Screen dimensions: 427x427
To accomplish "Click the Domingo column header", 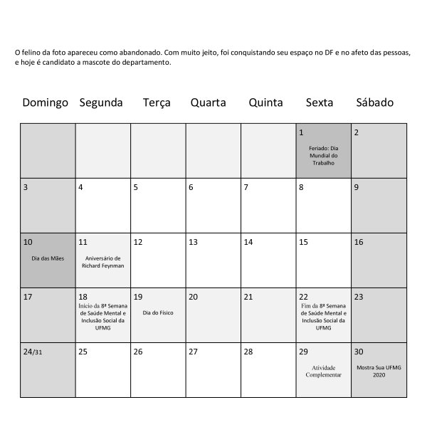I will coord(46,102).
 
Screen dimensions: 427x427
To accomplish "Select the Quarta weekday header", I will coord(208,102).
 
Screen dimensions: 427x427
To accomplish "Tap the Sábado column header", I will coord(374,102).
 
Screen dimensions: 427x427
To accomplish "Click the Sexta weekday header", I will coord(320,102).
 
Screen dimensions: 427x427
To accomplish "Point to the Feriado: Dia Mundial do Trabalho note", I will coord(324,155).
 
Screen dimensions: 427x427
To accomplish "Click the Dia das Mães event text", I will coord(48,258).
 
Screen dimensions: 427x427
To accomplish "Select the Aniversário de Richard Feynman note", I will coord(103,261).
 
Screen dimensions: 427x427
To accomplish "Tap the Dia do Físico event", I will coord(158,312).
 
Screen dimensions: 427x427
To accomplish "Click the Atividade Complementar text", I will coord(324,371).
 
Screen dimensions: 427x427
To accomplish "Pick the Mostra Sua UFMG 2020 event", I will coord(379,371).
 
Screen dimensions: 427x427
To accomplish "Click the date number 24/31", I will coord(33,352).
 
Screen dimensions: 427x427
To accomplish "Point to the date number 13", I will coord(193,242).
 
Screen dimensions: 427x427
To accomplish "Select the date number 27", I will coord(193,352).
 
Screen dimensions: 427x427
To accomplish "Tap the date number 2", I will coord(357,132).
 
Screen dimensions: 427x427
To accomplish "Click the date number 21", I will coord(248,297).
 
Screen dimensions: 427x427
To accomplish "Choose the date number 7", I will coord(246,188).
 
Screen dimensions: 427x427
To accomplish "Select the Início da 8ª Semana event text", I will coord(102,313).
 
